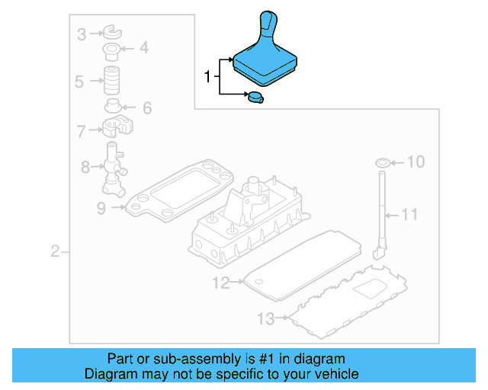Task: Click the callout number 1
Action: (x=206, y=76)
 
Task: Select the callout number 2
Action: (x=55, y=252)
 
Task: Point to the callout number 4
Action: (x=143, y=50)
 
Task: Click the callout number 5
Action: (x=79, y=81)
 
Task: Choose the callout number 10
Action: (x=416, y=161)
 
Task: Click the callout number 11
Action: (x=410, y=215)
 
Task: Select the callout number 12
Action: (x=220, y=283)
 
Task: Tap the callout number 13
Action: (x=265, y=318)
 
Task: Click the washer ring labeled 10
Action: (x=382, y=162)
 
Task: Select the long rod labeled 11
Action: (x=381, y=213)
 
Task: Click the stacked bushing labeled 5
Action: (x=114, y=80)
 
